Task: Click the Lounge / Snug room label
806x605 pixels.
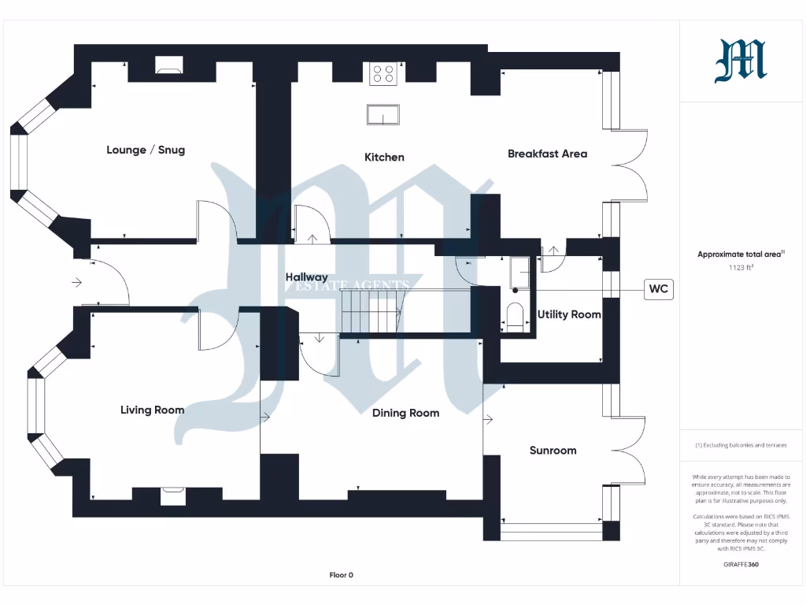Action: click(146, 150)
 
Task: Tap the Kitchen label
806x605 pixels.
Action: click(384, 157)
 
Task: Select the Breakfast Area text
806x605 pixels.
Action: click(547, 154)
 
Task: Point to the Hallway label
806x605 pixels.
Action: click(306, 277)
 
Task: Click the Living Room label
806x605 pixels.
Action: click(152, 410)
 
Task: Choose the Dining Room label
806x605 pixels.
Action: click(405, 413)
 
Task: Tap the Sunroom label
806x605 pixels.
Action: click(553, 451)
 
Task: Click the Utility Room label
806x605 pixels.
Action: click(569, 314)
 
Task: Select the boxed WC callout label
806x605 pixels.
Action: click(658, 289)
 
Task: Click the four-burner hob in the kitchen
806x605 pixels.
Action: click(383, 73)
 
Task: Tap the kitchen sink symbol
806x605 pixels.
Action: click(383, 115)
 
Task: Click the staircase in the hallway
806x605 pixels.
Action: click(372, 311)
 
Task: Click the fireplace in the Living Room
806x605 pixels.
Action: click(171, 496)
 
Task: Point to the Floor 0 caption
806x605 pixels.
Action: click(341, 575)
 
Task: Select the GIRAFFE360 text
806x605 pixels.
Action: click(740, 564)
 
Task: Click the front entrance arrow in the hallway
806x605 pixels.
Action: click(76, 282)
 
